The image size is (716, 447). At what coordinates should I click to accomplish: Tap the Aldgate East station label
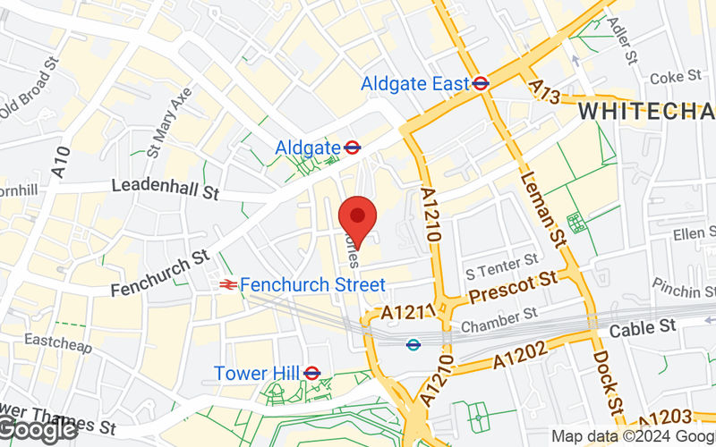[414, 84]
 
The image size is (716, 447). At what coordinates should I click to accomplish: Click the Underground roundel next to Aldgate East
[481, 83]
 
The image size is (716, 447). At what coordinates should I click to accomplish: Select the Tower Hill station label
[257, 373]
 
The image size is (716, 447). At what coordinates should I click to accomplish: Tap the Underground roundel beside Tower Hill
[312, 373]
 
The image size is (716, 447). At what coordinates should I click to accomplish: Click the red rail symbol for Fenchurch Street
[227, 284]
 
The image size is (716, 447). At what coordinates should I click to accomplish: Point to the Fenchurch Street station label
[312, 284]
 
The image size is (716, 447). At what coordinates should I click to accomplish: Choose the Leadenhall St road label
[166, 189]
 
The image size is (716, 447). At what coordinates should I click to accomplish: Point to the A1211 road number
[407, 314]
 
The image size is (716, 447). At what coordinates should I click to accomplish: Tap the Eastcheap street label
[57, 342]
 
